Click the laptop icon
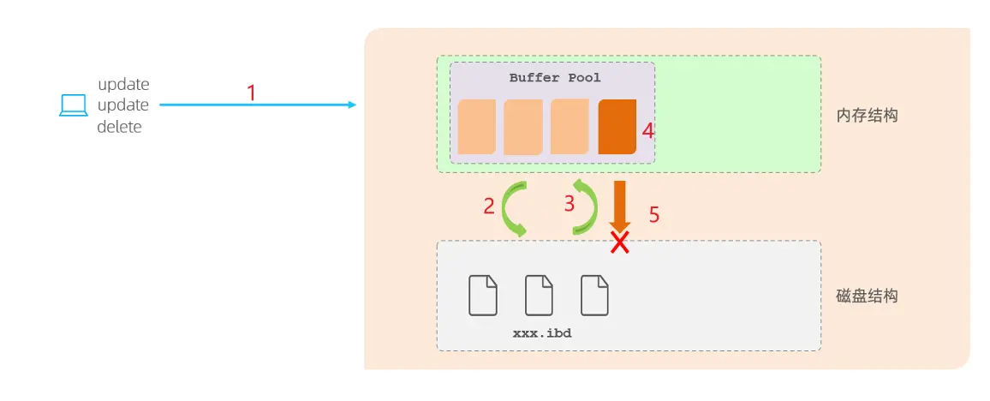[74, 105]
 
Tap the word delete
[119, 127]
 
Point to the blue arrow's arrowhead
[350, 105]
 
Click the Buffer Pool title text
[555, 78]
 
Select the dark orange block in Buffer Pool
[617, 127]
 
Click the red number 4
[648, 131]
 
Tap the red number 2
[489, 206]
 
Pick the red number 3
[569, 204]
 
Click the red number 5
[654, 215]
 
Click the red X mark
[619, 243]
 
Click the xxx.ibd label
[541, 332]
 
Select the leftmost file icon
[483, 295]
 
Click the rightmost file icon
[594, 295]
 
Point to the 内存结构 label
[866, 115]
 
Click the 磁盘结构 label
[866, 296]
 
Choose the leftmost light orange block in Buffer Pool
[476, 127]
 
